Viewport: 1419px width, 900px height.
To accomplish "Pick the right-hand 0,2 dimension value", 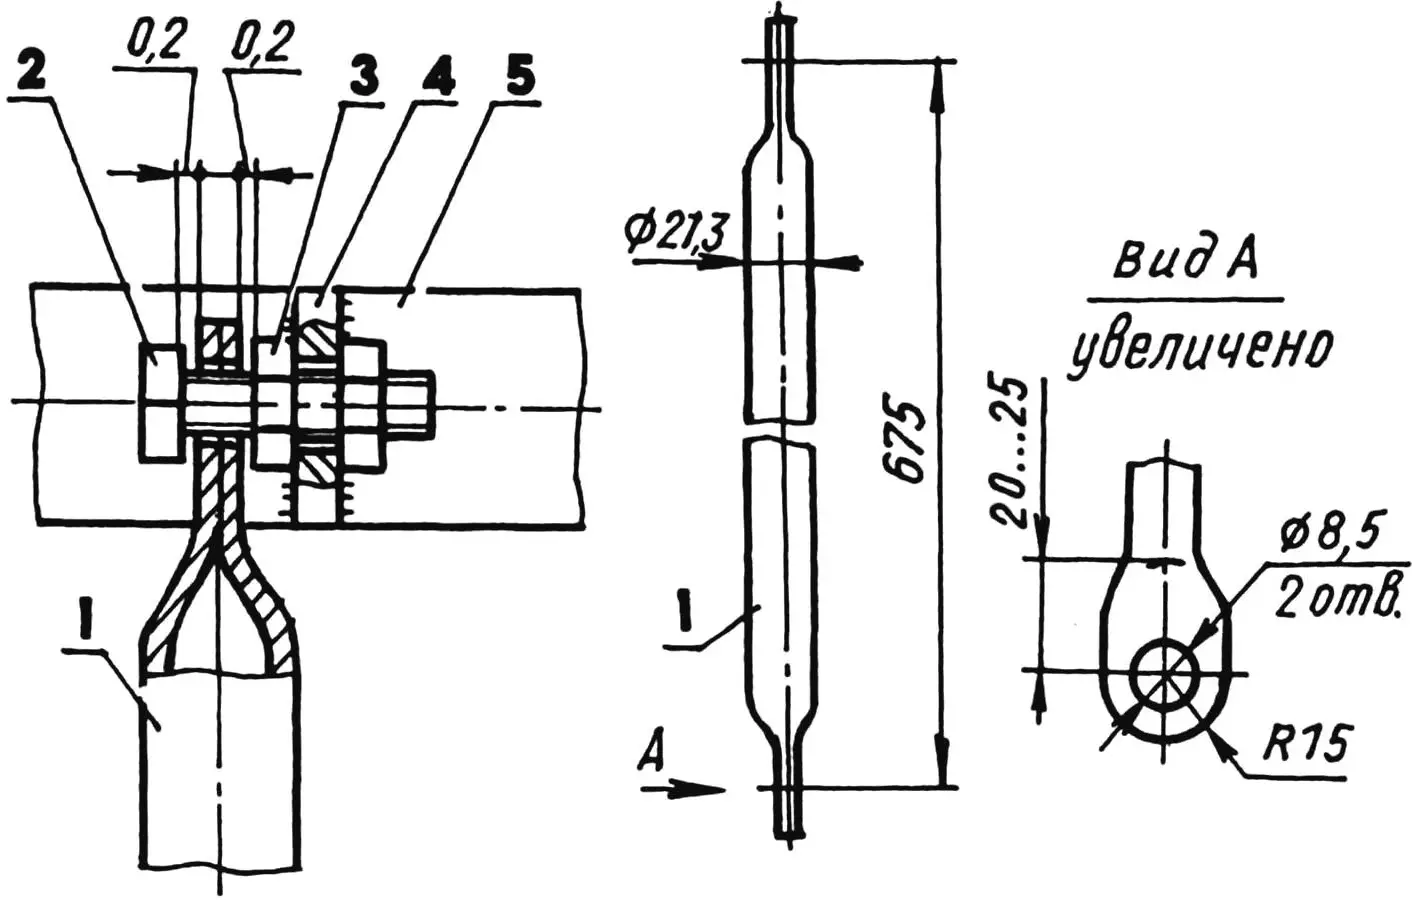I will coord(262,45).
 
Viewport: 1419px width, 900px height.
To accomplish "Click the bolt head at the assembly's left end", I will coord(160,402).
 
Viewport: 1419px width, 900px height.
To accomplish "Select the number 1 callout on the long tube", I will coord(683,613).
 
